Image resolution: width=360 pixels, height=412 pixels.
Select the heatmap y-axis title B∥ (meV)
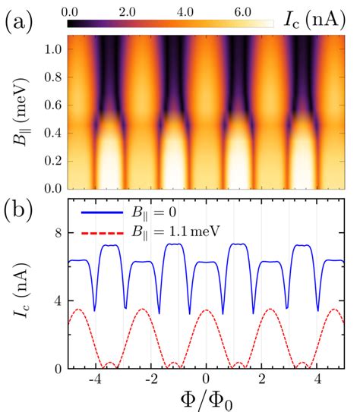(20, 112)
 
